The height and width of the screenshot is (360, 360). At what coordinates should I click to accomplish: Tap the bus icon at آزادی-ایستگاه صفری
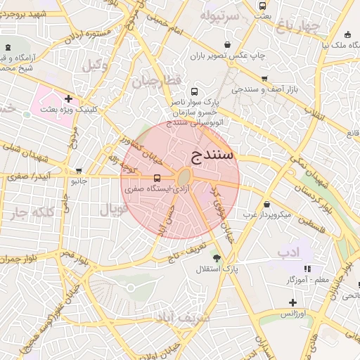[x=156, y=178]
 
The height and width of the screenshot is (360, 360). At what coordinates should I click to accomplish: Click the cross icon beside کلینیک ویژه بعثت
[x=68, y=98]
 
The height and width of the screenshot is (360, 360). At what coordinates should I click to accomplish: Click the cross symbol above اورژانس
[x=292, y=302]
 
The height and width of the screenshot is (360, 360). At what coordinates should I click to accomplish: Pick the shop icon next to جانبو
[x=79, y=170]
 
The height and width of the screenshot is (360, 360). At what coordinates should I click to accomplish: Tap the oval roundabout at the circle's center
[x=184, y=176]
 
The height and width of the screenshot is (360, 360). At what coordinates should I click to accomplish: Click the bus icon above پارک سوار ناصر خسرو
[x=195, y=91]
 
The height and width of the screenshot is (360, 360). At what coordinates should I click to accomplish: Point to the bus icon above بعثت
[x=263, y=6]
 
